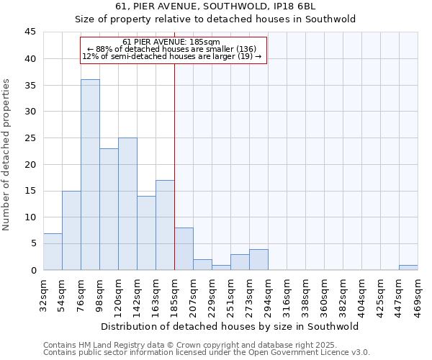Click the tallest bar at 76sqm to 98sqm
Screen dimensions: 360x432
click(x=90, y=174)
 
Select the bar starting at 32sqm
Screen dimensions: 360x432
click(x=53, y=251)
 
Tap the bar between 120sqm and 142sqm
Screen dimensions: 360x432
click(x=127, y=204)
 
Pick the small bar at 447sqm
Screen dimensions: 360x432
click(x=408, y=267)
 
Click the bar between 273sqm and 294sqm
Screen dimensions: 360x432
click(x=258, y=259)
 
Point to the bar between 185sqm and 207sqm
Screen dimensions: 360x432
click(x=184, y=248)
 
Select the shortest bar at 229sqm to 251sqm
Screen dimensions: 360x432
click(x=221, y=267)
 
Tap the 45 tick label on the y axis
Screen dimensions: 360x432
click(x=30, y=32)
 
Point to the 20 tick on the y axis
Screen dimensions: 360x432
click(x=30, y=164)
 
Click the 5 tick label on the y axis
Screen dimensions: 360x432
click(x=33, y=243)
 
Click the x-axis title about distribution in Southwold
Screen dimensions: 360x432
click(x=230, y=326)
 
